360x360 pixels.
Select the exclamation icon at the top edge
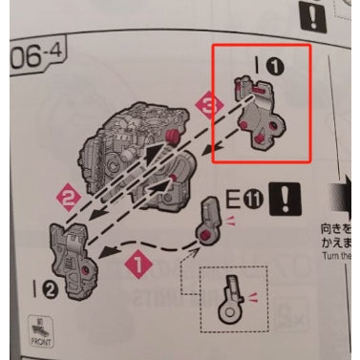click(313, 14)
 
